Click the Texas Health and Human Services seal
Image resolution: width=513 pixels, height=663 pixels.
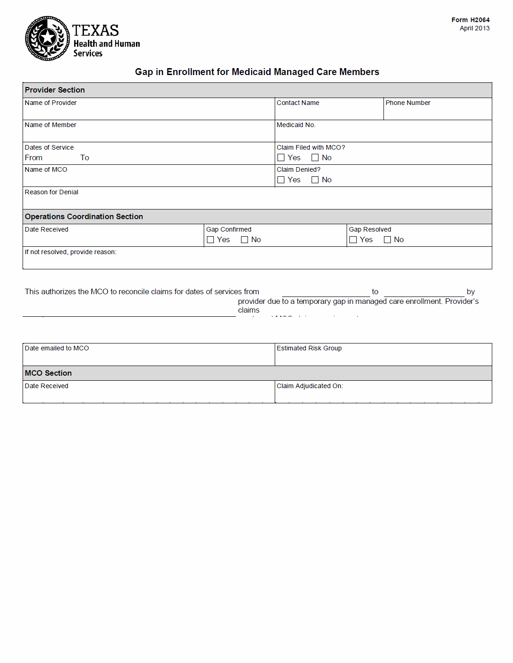pos(47,38)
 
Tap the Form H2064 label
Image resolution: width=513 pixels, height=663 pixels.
pos(470,20)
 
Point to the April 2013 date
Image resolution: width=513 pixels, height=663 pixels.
pos(474,28)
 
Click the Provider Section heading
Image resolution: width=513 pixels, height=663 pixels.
pos(55,90)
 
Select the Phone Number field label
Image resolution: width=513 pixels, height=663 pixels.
pos(407,103)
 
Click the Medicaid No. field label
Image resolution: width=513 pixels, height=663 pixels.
pos(296,125)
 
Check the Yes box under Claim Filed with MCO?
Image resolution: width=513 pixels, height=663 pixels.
pos(281,157)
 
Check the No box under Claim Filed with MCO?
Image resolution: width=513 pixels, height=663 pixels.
pos(315,157)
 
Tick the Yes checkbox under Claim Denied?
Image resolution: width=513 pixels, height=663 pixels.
pos(281,180)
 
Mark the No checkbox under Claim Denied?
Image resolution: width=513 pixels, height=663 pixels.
pos(315,180)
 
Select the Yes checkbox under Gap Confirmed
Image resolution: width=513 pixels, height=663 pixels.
pos(211,239)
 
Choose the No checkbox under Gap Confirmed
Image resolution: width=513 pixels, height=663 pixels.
pos(245,239)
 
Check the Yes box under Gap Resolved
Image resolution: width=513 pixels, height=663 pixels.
pos(354,239)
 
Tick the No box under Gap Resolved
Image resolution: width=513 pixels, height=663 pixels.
pos(388,239)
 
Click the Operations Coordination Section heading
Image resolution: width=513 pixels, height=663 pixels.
pos(84,216)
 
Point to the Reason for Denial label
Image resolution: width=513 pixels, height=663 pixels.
pos(52,192)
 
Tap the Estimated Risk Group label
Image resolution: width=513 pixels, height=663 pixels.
pos(309,348)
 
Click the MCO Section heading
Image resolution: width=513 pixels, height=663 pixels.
pos(48,373)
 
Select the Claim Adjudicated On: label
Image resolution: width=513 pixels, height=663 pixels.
pos(310,386)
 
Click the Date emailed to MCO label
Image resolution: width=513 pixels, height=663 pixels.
pos(57,348)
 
